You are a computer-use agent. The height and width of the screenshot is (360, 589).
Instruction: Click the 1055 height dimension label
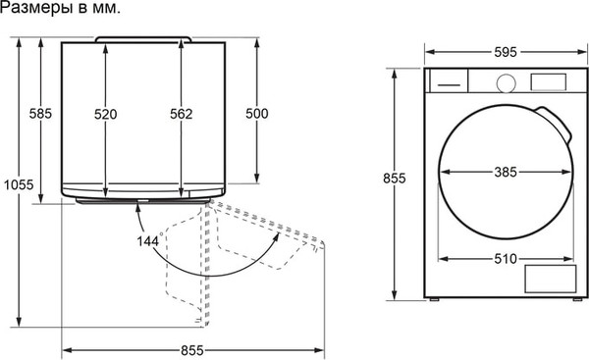(x=19, y=184)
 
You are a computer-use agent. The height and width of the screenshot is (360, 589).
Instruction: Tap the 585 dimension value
(x=40, y=114)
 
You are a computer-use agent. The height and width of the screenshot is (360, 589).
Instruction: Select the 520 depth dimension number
(x=106, y=114)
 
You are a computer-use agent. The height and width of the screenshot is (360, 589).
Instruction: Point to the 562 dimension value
(x=181, y=114)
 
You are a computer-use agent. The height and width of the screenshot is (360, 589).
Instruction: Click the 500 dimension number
(x=257, y=114)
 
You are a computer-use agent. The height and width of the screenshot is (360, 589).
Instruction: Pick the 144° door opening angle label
(x=150, y=240)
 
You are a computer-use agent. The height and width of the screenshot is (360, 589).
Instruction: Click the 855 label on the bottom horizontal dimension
(x=192, y=350)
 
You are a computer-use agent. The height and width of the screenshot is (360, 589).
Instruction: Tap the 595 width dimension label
(x=506, y=52)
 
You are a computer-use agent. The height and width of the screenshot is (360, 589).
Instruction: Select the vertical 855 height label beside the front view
(x=395, y=178)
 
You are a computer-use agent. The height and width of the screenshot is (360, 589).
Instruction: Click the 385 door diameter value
(x=506, y=173)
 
